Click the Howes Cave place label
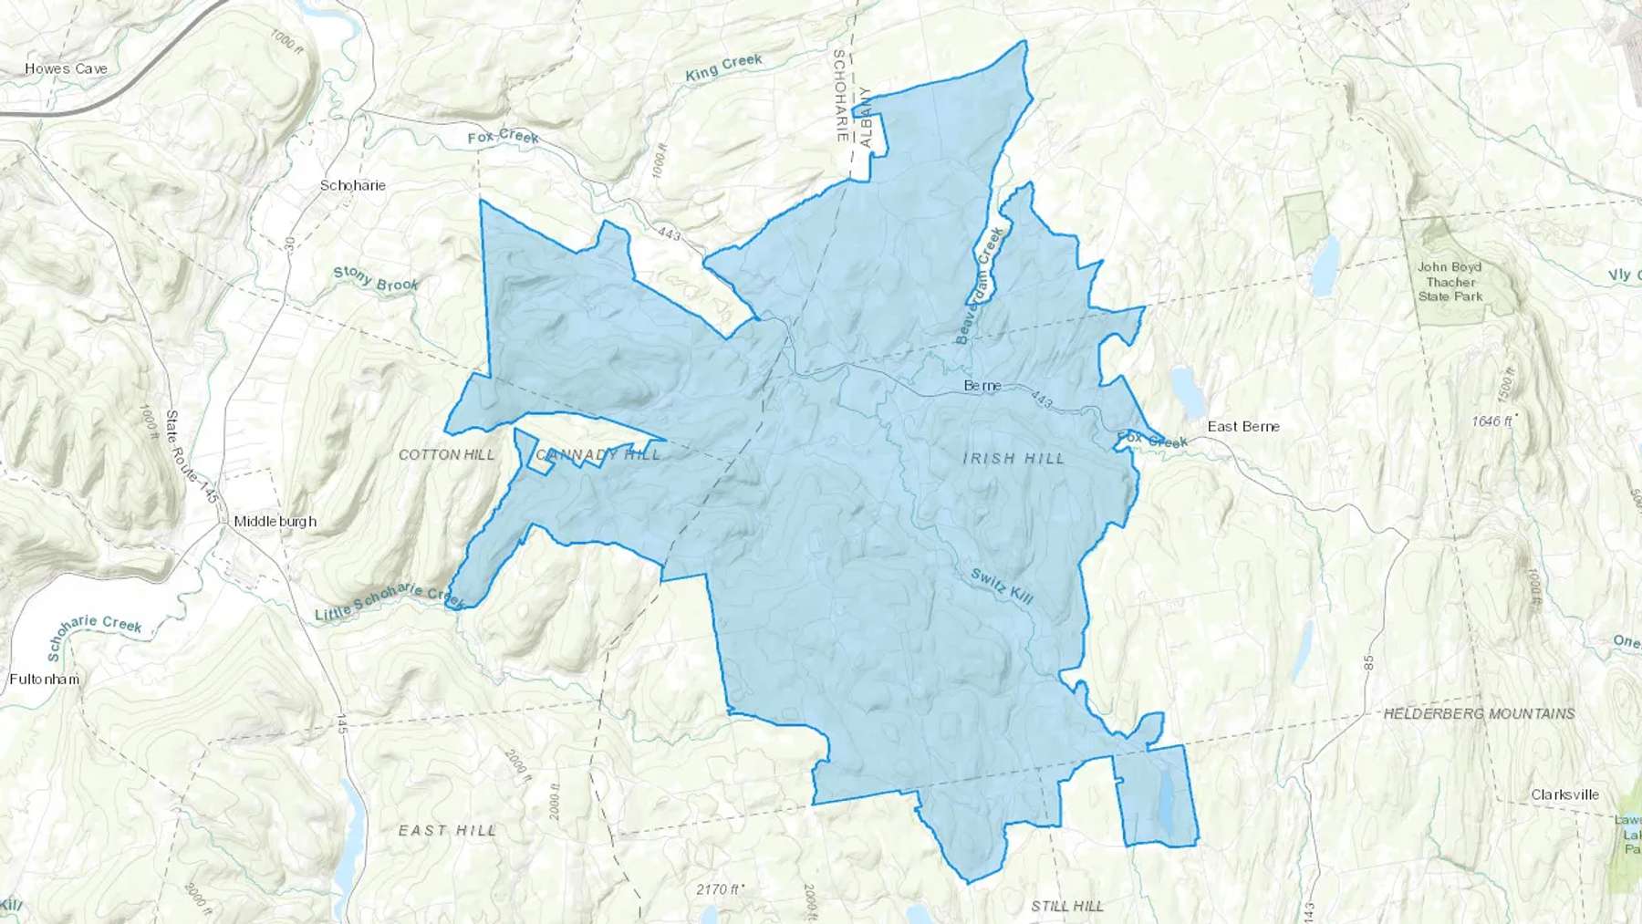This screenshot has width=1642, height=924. [x=66, y=68]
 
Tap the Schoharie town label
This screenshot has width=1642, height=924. [x=352, y=185]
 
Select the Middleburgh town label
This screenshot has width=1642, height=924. [x=275, y=522]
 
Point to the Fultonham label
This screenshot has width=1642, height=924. [x=44, y=679]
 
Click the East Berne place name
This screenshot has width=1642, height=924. [x=1243, y=426]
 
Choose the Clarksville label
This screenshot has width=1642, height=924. [x=1564, y=794]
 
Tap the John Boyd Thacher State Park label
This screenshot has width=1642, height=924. [x=1450, y=281]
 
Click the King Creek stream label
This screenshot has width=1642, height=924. [x=723, y=67]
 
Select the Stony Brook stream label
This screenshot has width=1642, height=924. [x=375, y=278]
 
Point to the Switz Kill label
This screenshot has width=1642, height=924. [x=1002, y=587]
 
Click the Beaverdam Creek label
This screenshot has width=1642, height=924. [x=980, y=286]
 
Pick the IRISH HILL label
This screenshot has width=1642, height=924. [x=1013, y=458]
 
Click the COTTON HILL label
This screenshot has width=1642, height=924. [x=447, y=454]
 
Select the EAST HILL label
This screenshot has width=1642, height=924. [x=447, y=830]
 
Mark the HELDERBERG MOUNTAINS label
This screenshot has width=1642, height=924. [x=1479, y=713]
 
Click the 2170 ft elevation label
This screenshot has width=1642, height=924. [x=720, y=889]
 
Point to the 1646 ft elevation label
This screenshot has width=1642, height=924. [x=1492, y=420]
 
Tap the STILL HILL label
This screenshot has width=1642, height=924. [x=1067, y=906]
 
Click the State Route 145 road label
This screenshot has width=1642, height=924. [x=191, y=456]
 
